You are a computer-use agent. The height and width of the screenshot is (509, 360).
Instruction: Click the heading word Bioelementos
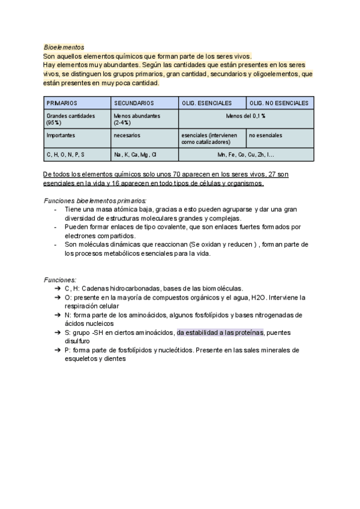(x=64, y=47)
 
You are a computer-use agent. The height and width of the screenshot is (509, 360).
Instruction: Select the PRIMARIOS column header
(x=62, y=103)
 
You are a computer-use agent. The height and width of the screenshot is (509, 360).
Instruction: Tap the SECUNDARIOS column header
(x=134, y=103)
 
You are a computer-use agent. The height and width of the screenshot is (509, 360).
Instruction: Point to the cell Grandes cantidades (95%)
(x=70, y=119)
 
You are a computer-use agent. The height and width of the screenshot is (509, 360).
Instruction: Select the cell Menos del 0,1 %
(x=246, y=116)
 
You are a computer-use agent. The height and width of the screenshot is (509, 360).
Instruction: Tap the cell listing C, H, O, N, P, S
(x=66, y=154)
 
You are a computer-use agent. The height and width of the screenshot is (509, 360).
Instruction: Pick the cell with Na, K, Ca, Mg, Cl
(x=135, y=154)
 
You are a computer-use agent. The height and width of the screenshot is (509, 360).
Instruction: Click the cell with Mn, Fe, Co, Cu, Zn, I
(x=246, y=154)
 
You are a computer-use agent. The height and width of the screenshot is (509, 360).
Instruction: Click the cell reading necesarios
(x=127, y=135)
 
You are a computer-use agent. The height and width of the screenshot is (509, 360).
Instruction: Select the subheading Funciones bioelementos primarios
(x=95, y=200)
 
